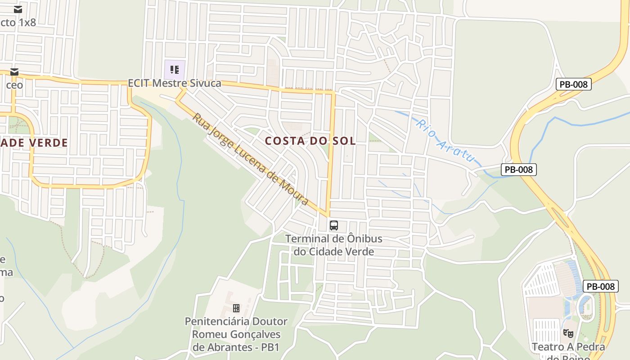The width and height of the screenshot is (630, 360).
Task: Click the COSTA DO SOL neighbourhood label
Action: tap(310, 141)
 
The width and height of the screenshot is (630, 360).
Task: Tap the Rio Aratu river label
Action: tap(445, 140)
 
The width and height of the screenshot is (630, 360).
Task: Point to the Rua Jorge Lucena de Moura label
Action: tap(251, 159)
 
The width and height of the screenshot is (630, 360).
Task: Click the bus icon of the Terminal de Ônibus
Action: tap(333, 225)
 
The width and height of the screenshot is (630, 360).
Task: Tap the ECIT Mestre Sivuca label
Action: tap(175, 83)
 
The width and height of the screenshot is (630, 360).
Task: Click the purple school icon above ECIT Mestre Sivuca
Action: tap(175, 70)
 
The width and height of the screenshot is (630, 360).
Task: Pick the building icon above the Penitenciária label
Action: tap(236, 308)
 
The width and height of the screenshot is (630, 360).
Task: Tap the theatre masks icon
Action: tap(568, 333)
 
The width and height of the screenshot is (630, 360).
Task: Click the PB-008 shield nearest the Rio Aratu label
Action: tap(519, 170)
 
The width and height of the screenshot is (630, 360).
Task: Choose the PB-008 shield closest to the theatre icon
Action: tap(601, 286)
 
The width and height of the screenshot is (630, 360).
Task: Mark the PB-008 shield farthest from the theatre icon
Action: tap(573, 84)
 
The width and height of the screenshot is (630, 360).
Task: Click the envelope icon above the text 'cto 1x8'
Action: tap(18, 9)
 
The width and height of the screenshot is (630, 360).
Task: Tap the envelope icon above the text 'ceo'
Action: tap(14, 72)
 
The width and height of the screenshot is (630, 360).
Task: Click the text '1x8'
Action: tap(27, 22)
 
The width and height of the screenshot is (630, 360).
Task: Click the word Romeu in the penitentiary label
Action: tap(208, 334)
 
